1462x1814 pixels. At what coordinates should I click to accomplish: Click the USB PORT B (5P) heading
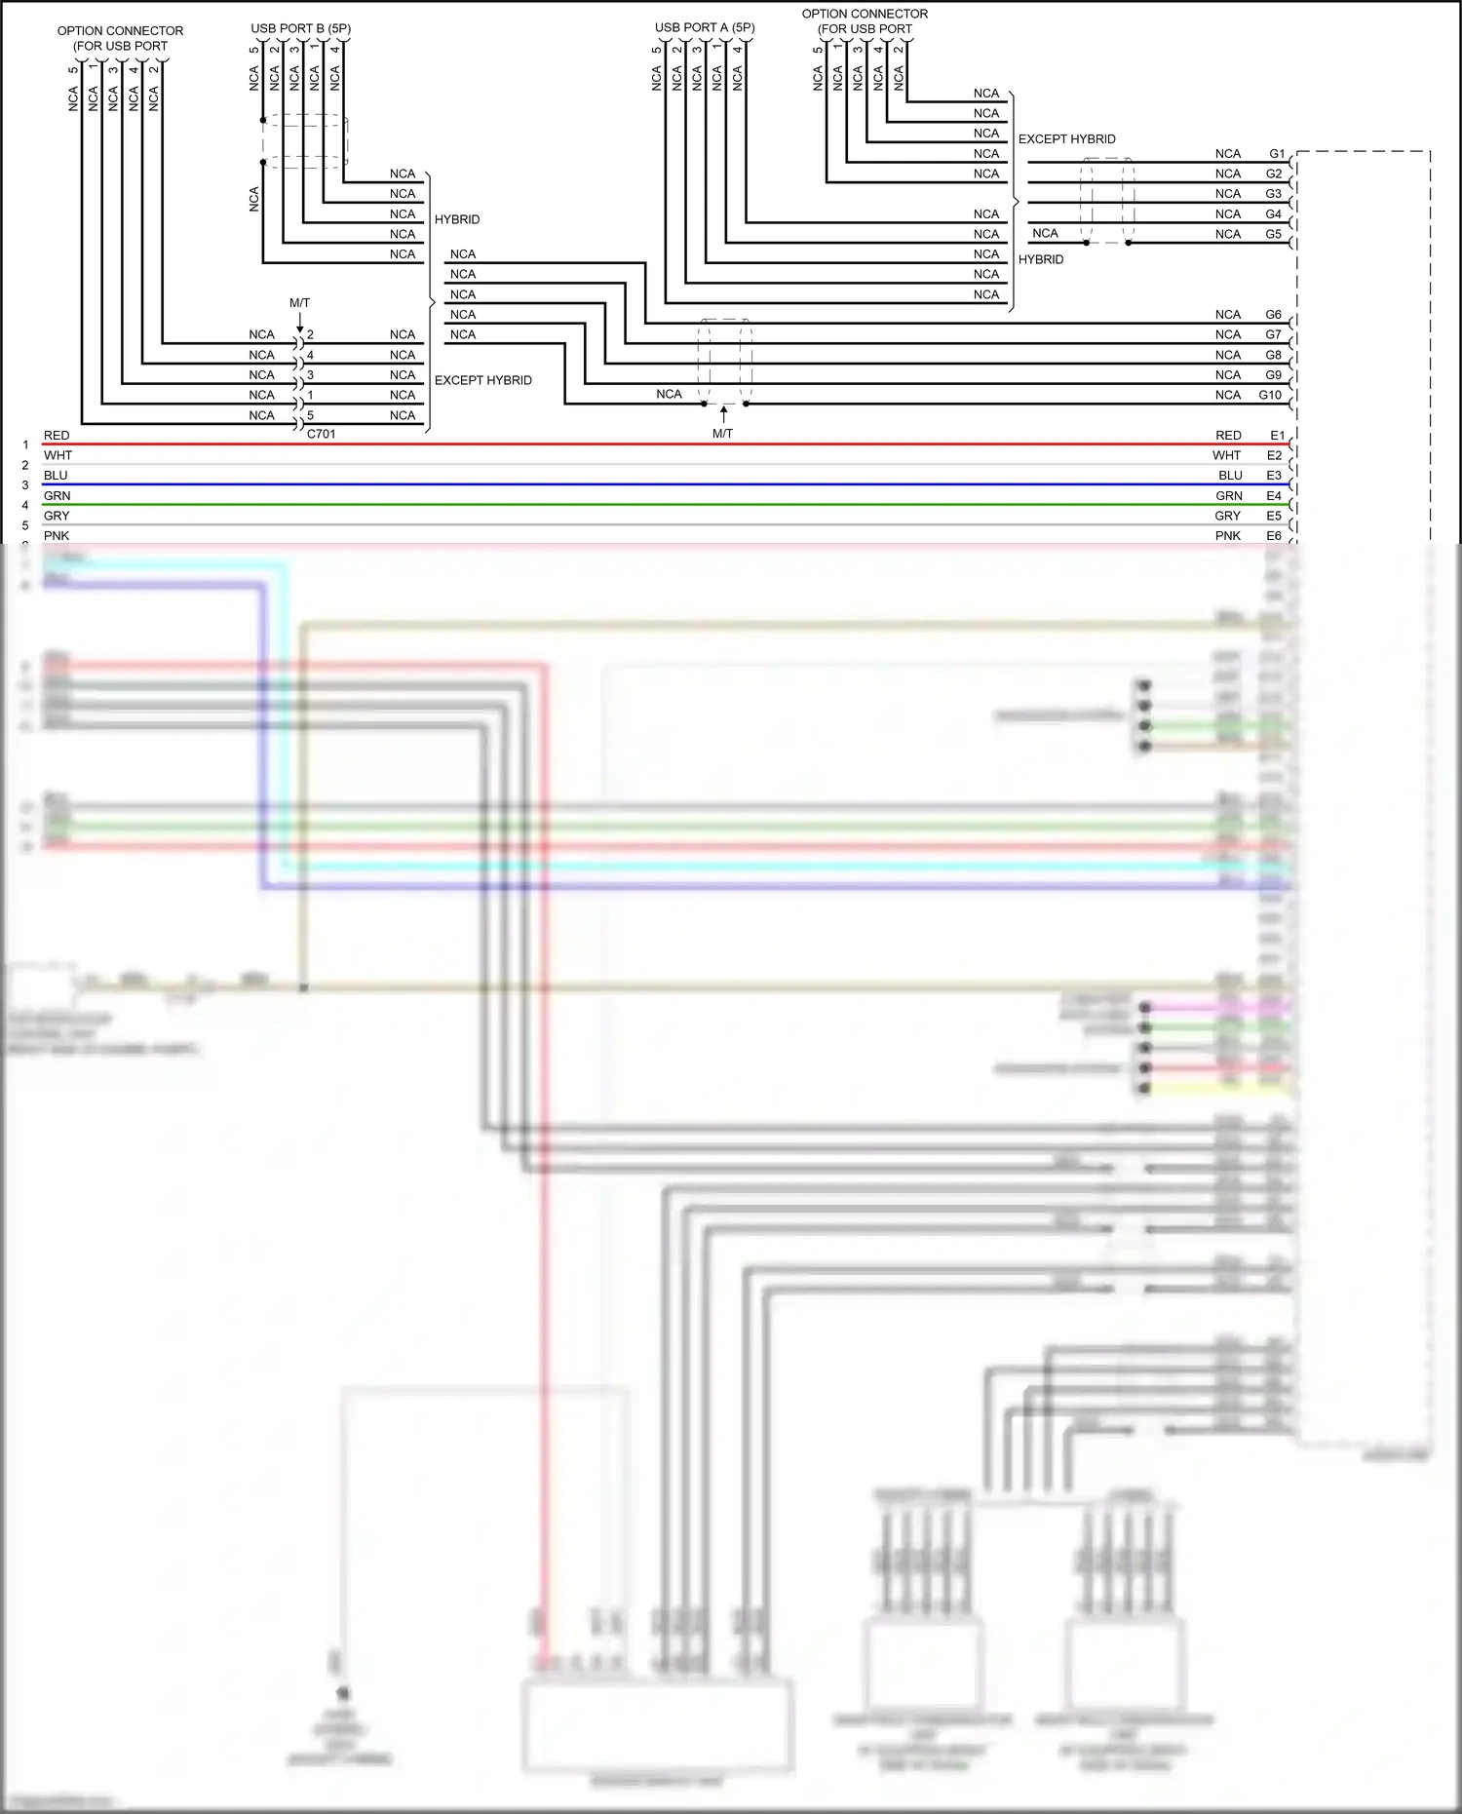[300, 28]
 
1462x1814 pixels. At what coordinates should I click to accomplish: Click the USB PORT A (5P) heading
[705, 27]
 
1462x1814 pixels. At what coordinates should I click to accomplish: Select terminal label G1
[1277, 154]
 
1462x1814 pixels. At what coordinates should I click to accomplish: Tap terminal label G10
[1270, 395]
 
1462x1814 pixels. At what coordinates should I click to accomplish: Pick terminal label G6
[1274, 315]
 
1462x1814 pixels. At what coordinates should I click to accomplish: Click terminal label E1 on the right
[1277, 436]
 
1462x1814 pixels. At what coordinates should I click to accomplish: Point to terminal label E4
[1274, 496]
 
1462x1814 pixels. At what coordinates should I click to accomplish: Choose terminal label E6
[1274, 536]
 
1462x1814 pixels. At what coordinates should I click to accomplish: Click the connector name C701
[321, 434]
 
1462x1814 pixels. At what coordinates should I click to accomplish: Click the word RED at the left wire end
[57, 436]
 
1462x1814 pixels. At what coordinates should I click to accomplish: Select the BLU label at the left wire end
[56, 476]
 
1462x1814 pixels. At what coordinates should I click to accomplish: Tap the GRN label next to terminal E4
[1229, 496]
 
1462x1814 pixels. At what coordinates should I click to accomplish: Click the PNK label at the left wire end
[57, 536]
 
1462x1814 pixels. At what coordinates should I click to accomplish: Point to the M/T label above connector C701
[299, 303]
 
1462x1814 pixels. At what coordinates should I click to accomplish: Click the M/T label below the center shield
[722, 434]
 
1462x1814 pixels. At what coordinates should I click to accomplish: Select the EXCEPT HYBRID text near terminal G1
[1066, 139]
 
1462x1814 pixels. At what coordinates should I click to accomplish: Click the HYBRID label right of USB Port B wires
[457, 219]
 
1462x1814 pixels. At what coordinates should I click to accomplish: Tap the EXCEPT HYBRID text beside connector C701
[483, 380]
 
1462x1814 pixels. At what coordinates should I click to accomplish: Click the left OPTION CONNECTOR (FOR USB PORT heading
[120, 38]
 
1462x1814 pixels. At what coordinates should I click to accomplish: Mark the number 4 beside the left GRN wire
[25, 505]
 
